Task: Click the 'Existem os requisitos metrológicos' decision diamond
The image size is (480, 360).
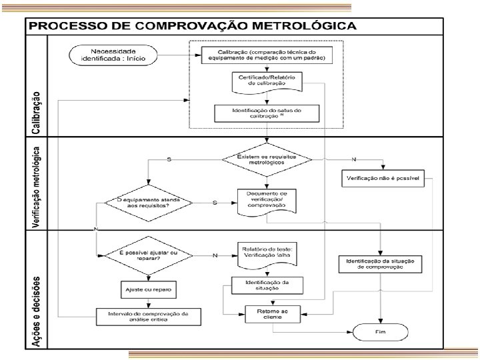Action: pos(267,160)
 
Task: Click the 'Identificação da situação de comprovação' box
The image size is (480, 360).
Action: pos(380,263)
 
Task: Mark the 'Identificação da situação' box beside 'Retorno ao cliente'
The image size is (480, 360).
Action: pos(267,285)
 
